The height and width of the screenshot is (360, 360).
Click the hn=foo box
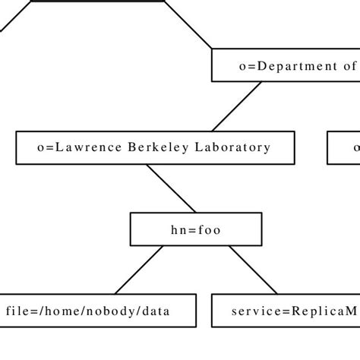[196, 229]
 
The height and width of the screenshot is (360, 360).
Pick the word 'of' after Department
[349, 66]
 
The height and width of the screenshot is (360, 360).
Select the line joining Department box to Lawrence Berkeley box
[236, 106]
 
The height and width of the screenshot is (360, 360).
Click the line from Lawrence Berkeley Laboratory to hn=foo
[171, 188]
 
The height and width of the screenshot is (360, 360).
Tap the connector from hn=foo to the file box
[139, 270]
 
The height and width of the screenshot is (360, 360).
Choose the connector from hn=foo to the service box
[253, 270]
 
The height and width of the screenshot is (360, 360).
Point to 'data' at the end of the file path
[154, 311]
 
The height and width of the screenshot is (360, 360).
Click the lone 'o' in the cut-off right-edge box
[355, 147]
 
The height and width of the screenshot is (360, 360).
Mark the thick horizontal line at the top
[96, 2]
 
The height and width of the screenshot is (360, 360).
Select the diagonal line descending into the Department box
[188, 24]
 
